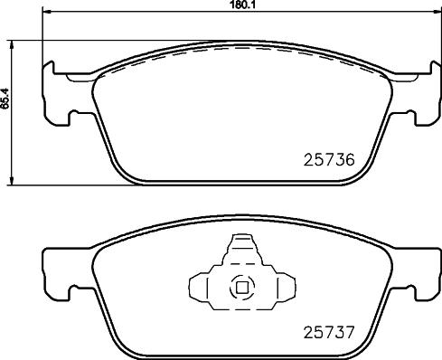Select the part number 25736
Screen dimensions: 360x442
pyautogui.click(x=324, y=163)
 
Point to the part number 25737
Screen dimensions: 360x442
pyautogui.click(x=324, y=332)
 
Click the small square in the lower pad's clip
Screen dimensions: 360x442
pyautogui.click(x=240, y=288)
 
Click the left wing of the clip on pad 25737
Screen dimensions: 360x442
pyautogui.click(x=202, y=287)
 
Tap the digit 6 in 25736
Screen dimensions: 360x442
pyautogui.click(x=346, y=163)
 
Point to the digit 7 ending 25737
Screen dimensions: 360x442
pyautogui.click(x=346, y=332)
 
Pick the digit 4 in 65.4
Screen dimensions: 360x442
pyautogui.click(x=5, y=96)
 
